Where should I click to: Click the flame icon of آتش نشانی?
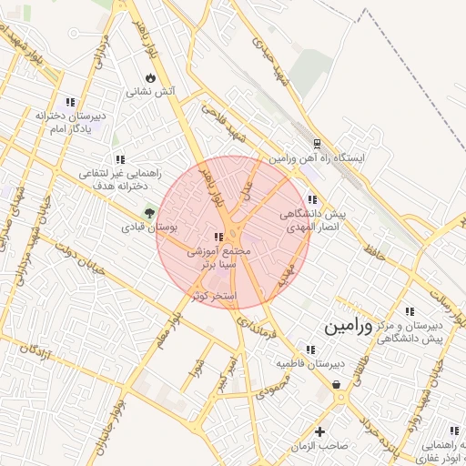click(x=150, y=78)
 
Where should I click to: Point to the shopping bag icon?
click(x=338, y=385)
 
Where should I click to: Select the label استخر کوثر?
click(x=215, y=297)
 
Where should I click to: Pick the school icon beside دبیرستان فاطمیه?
click(x=310, y=349)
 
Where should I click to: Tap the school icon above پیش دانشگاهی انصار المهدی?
click(x=312, y=199)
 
